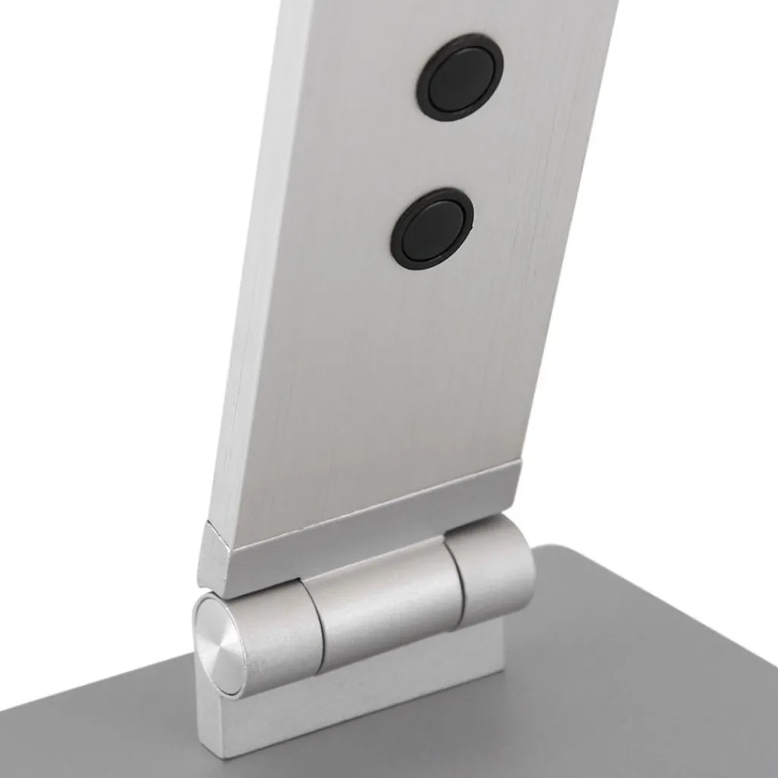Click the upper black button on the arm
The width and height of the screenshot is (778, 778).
[460, 76]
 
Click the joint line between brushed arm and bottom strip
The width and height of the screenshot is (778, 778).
[365, 498]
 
